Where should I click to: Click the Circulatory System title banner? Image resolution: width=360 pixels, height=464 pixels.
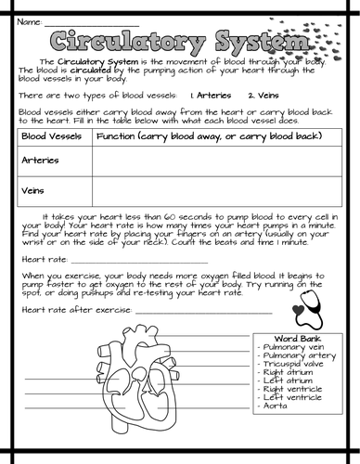177,42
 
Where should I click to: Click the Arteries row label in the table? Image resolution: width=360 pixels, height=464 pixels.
37,160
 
